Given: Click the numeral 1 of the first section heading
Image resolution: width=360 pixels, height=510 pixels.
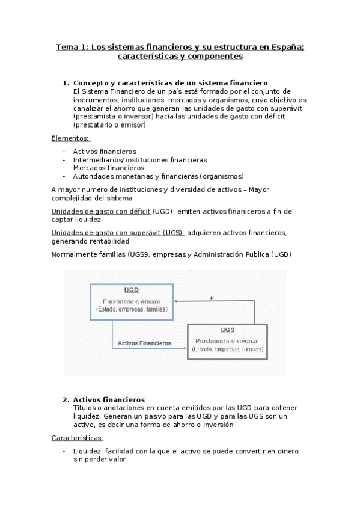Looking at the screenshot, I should point(65,83).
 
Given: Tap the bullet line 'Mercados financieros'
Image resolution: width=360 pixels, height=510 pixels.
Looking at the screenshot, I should point(109,168).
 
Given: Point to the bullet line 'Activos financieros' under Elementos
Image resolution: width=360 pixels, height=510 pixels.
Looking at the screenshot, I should point(105,152).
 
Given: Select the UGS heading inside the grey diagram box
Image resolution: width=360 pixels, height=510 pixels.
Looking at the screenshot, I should point(227,330).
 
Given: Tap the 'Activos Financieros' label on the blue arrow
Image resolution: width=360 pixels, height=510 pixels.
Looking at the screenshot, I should point(144,343).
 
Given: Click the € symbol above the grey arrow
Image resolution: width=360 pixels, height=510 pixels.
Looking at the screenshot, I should point(211,296).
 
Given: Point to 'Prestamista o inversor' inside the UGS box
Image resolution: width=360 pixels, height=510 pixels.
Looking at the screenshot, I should point(227,340).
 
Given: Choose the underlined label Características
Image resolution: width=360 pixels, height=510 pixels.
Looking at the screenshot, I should point(78,438).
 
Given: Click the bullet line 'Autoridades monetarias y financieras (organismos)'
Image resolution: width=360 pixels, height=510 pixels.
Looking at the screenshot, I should point(159,177).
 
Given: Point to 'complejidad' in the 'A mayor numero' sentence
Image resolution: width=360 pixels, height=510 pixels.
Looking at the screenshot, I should point(73,198).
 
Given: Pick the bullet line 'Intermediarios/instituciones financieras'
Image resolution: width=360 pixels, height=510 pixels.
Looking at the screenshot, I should point(140,160).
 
